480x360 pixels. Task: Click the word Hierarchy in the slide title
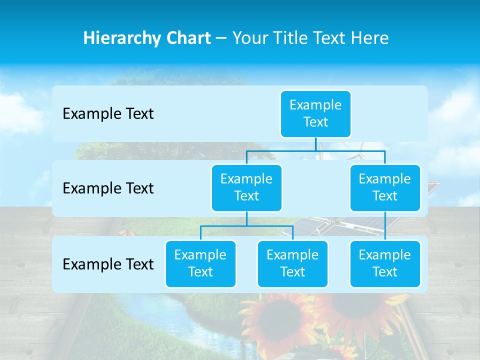pyautogui.click(x=122, y=38)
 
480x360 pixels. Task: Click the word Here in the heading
pyautogui.click(x=370, y=38)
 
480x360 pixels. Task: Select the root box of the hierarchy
pyautogui.click(x=315, y=113)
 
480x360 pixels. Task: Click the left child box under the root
pyautogui.click(x=246, y=187)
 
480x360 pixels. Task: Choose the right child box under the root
pyautogui.click(x=385, y=187)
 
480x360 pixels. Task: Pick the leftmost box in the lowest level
pyautogui.click(x=200, y=263)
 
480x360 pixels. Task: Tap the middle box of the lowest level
pyautogui.click(x=292, y=263)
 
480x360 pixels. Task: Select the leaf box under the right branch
pyautogui.click(x=385, y=263)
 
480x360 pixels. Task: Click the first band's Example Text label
pyautogui.click(x=108, y=114)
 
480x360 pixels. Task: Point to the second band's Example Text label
pyautogui.click(x=108, y=188)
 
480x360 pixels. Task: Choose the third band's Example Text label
pyautogui.click(x=108, y=264)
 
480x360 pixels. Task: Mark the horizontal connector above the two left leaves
pyautogui.click(x=246, y=226)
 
